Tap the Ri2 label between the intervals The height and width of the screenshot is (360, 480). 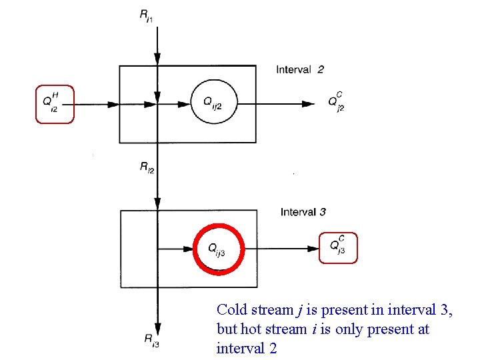click(x=147, y=169)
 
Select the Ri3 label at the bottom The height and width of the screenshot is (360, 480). click(x=151, y=340)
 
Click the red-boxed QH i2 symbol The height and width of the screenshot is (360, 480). click(x=54, y=104)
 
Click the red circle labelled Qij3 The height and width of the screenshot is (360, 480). click(x=219, y=249)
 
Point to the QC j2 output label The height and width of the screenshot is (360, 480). click(x=337, y=103)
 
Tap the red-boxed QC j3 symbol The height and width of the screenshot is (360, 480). click(x=338, y=248)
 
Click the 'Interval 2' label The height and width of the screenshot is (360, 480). click(x=300, y=69)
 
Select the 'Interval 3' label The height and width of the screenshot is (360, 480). click(x=303, y=212)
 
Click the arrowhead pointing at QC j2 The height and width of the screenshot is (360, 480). click(x=308, y=104)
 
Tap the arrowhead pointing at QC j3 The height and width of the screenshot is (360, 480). click(x=313, y=249)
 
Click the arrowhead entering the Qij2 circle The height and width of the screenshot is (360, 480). click(x=184, y=104)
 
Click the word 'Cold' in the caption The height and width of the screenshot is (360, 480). click(x=231, y=309)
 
